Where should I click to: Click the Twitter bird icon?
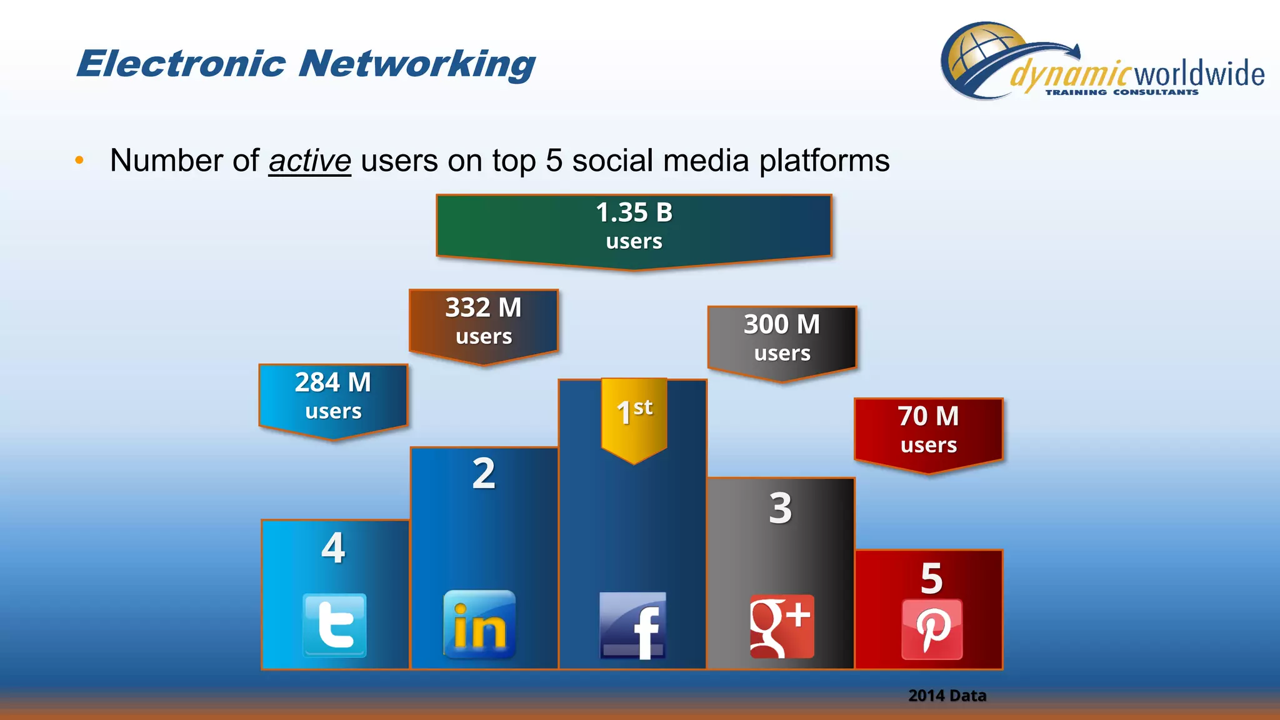click(334, 625)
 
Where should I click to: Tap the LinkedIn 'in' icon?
click(479, 624)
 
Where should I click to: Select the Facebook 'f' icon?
click(632, 626)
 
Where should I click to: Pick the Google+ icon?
click(782, 626)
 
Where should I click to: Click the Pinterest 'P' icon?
click(932, 629)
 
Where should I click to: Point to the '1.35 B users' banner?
click(634, 227)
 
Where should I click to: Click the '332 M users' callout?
click(483, 322)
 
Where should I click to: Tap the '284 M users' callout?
click(333, 396)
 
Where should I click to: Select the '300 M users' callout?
click(782, 339)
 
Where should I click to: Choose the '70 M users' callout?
click(928, 431)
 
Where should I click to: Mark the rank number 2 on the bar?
click(484, 474)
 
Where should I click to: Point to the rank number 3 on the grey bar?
click(781, 508)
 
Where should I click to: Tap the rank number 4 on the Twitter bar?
click(333, 548)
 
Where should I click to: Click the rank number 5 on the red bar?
click(931, 578)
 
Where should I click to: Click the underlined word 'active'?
click(309, 161)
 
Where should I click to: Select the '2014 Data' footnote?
click(947, 696)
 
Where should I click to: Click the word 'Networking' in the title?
click(416, 64)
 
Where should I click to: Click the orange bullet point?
click(79, 161)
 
